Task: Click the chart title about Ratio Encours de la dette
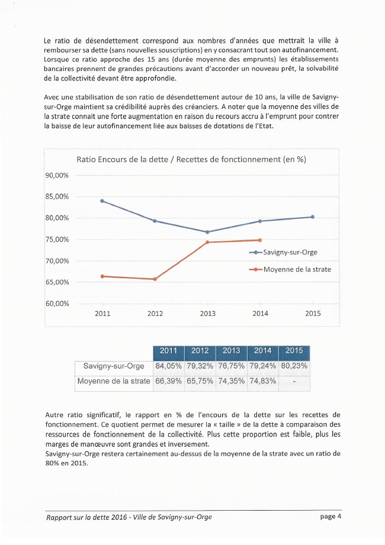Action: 191,159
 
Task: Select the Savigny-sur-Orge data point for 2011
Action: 102,201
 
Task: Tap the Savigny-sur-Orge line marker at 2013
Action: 207,232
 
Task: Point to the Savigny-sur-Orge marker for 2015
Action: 313,217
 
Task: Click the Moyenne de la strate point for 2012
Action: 155,279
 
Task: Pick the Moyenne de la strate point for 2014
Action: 260,240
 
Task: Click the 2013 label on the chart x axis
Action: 207,314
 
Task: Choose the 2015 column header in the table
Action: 294,351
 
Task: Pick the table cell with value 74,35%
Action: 231,380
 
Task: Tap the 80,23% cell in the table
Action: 294,366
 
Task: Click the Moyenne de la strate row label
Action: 113,380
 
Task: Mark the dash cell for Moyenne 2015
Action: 294,381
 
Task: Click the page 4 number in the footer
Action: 331,516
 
